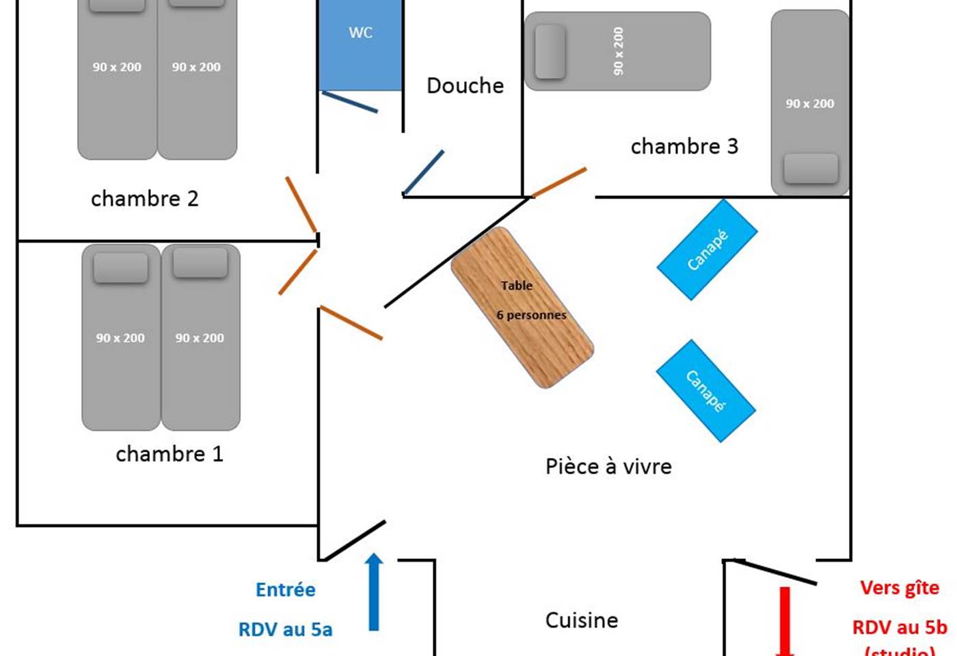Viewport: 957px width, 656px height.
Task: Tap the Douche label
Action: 465,86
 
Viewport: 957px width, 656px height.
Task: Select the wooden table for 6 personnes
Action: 522,307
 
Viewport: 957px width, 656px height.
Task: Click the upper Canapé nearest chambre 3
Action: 707,249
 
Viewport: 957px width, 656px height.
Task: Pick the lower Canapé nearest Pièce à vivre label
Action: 705,390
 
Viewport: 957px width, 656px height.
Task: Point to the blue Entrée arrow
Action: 374,591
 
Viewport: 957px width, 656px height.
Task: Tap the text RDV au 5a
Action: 285,629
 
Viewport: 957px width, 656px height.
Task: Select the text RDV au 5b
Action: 900,627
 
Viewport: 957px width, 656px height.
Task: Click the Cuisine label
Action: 581,620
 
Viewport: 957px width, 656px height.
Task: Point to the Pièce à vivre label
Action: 608,467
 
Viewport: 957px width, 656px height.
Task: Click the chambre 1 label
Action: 170,454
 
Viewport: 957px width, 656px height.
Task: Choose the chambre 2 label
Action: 144,199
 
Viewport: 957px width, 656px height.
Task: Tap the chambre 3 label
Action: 684,147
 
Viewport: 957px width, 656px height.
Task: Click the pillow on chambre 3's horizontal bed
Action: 550,51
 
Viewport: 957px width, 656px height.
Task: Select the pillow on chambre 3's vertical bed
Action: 811,168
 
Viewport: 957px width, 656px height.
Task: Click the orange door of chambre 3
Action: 558,182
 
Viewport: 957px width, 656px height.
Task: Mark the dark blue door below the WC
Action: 349,102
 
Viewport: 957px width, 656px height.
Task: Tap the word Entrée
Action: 286,590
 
